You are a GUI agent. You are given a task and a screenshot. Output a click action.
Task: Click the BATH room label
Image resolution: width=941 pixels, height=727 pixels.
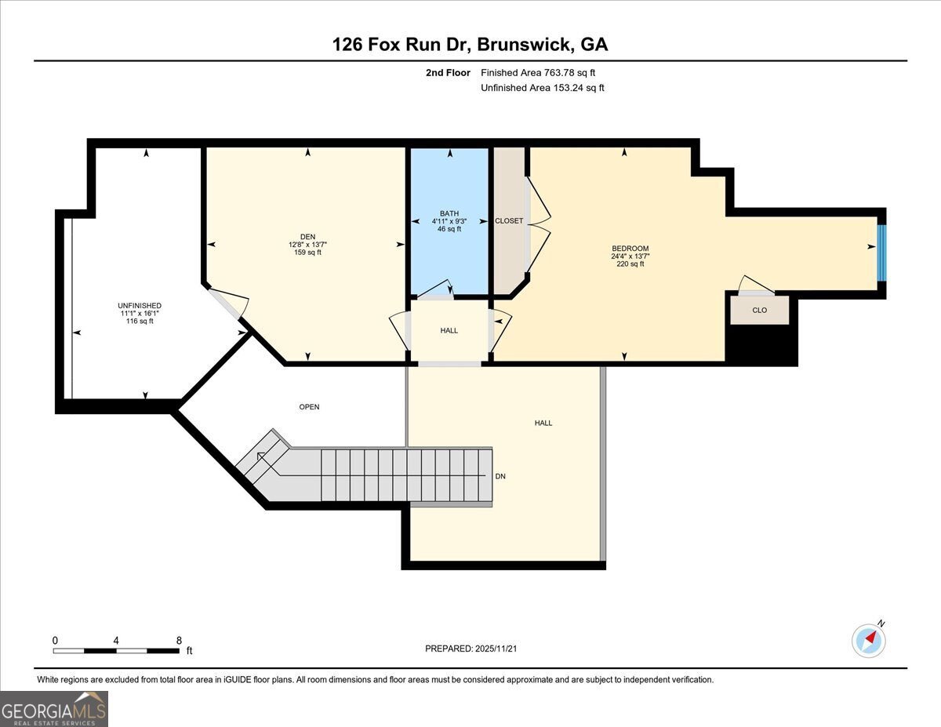coord(449,213)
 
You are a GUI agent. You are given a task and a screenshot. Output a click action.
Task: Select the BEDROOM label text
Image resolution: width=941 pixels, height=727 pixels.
coord(630,249)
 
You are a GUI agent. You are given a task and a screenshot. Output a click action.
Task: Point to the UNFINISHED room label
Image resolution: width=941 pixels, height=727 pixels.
coord(140,306)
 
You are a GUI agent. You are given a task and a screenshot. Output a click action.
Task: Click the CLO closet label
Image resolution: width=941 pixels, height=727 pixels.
coord(759,310)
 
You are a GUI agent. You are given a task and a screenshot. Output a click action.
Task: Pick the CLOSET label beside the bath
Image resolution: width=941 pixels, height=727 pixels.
coord(509,221)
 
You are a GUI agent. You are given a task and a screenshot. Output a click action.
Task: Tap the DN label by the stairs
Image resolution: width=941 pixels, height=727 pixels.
coord(500,476)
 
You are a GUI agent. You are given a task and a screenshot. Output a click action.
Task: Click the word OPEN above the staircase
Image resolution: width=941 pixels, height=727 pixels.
coord(309,407)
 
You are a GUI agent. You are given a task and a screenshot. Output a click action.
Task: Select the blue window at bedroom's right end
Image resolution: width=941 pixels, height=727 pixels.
coord(881,253)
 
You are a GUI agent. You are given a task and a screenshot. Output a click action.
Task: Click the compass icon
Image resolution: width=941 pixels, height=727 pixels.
coord(869,640)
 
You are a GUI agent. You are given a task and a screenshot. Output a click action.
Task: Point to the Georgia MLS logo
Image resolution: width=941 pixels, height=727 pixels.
coord(54,708)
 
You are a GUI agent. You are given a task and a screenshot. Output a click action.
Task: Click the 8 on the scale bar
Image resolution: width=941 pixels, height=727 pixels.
coord(179,640)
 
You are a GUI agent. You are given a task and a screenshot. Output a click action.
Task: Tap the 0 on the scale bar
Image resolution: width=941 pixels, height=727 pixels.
coord(55,640)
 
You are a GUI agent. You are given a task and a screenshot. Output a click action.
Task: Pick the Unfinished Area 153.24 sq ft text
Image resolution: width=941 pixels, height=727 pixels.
coord(542,88)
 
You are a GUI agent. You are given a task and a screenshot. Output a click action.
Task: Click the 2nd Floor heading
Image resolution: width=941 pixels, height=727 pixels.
coord(448,73)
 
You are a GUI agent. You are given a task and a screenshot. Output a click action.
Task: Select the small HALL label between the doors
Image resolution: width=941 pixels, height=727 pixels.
coord(449,330)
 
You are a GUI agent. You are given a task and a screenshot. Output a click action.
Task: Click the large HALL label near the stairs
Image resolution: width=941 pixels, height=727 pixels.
coord(543,423)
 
